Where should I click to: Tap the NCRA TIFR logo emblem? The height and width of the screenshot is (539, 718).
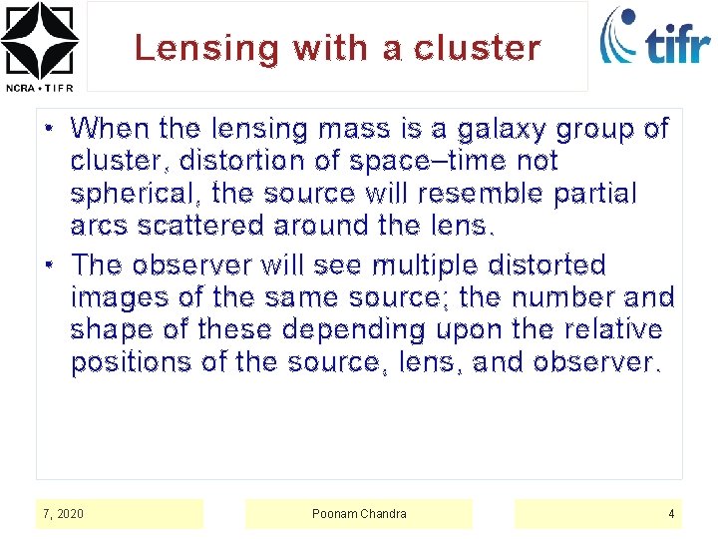click(39, 40)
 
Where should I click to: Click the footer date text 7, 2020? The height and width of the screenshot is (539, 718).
click(64, 514)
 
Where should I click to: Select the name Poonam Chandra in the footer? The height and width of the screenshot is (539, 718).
click(359, 514)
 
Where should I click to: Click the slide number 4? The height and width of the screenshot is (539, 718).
click(671, 514)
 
